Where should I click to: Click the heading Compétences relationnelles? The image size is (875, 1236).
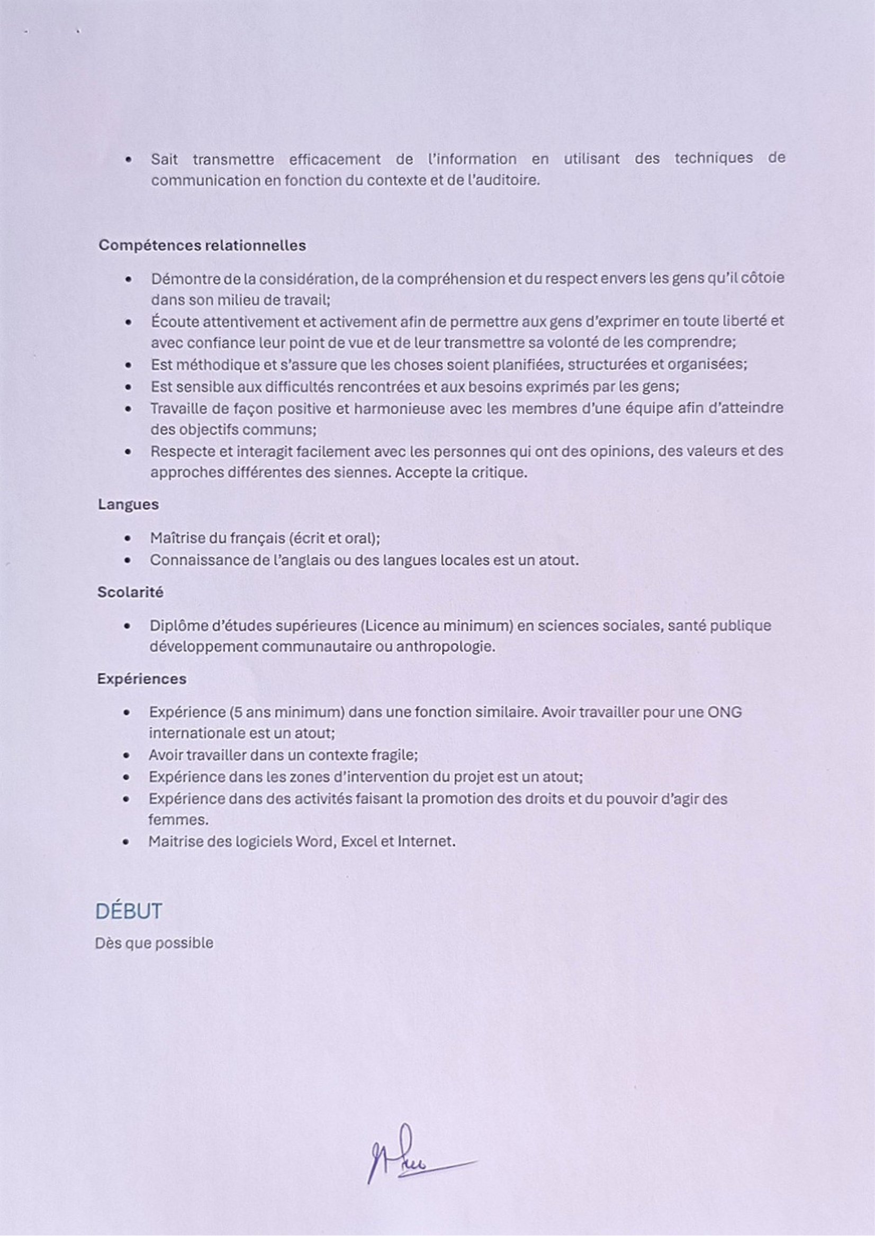tap(202, 245)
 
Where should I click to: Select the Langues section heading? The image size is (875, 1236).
tap(128, 505)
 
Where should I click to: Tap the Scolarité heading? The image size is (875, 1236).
tap(130, 592)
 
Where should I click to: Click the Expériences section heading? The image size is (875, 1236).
tap(142, 679)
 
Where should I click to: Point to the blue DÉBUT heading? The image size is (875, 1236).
tap(129, 911)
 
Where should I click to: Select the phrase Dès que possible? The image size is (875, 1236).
tap(154, 943)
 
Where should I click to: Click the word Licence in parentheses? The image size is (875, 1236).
tap(391, 626)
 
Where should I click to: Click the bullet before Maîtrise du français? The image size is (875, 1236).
tap(128, 538)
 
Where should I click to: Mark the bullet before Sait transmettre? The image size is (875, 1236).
tap(129, 160)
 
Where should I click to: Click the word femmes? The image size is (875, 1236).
tap(178, 820)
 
